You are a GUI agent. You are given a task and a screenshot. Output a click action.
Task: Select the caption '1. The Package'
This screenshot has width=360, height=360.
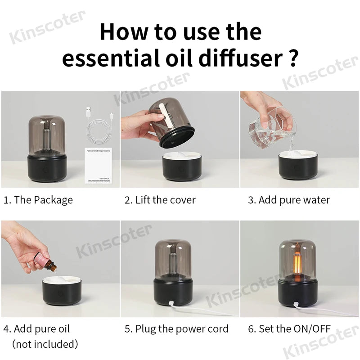[38, 200]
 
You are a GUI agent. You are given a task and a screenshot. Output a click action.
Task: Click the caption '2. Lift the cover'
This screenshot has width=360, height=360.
[160, 200]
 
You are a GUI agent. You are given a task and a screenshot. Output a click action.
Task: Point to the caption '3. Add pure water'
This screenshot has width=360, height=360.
[289, 200]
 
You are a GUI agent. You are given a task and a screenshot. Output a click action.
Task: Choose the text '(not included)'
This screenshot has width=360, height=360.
[45, 344]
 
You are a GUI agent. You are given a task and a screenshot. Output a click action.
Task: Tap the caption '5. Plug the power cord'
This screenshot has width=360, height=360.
[176, 329]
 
